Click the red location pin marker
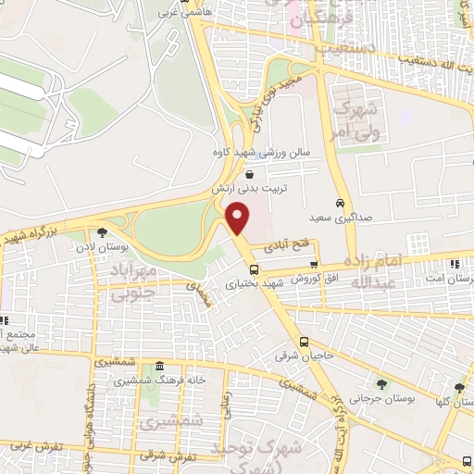coord(239,218)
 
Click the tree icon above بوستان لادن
coord(102,232)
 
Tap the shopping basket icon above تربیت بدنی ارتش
coord(249,173)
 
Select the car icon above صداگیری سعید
coord(341,202)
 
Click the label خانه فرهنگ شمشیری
coord(160,380)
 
